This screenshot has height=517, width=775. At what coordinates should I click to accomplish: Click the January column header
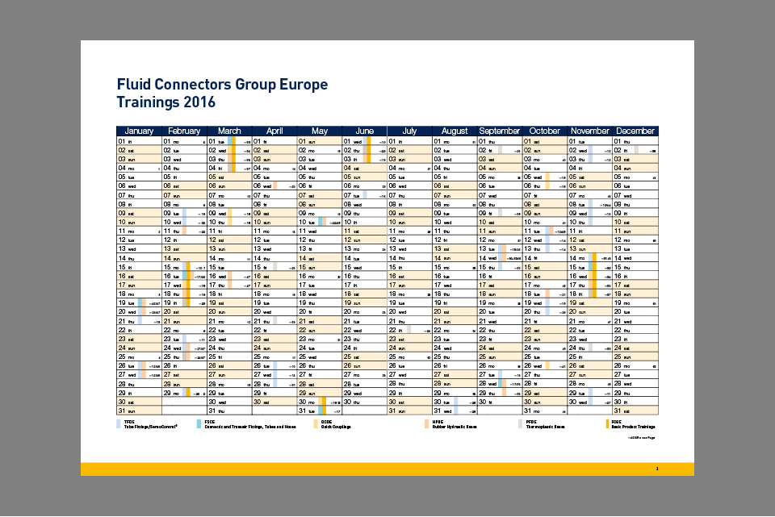coord(139,131)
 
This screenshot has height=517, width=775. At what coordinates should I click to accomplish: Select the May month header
coord(320,131)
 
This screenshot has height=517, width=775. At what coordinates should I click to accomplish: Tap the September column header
coord(500,131)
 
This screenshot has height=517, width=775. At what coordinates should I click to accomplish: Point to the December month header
coord(635,131)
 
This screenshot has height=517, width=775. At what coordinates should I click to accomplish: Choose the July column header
coord(409,131)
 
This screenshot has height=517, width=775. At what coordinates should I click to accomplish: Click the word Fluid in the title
coord(133,85)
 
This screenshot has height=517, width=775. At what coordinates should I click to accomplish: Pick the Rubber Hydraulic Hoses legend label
coord(455,427)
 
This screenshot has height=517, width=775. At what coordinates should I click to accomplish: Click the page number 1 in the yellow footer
coord(657,469)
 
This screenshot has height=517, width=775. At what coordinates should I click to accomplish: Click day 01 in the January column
coord(122,141)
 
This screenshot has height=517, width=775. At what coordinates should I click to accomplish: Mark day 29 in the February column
coord(168,393)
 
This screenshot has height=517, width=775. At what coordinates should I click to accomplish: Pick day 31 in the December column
coord(619,411)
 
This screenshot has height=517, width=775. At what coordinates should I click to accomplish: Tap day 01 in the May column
coord(304,141)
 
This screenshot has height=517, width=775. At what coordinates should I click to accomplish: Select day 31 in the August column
coord(438,411)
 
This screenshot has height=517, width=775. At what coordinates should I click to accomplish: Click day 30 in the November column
coord(574,402)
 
